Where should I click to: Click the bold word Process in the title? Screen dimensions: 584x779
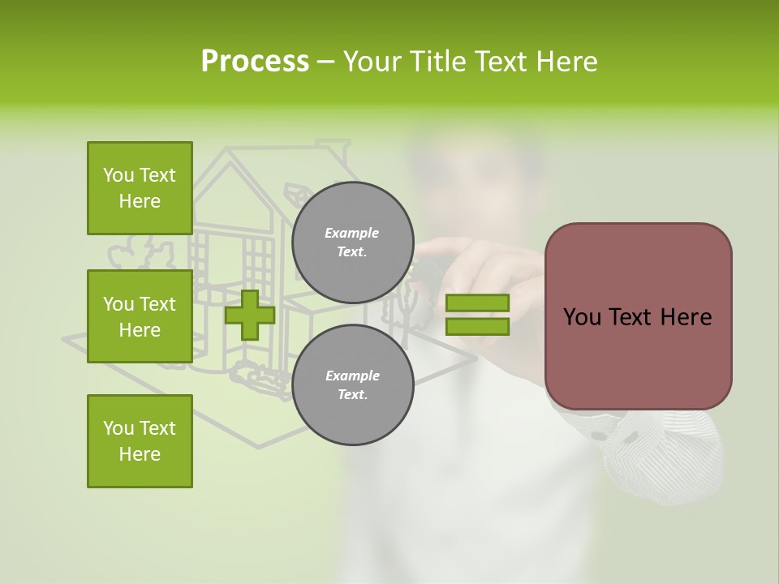255,62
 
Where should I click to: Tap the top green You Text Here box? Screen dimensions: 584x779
140,188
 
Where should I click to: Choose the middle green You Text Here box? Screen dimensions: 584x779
140,316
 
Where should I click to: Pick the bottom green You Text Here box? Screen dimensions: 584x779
140,441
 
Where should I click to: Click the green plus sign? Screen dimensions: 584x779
250,315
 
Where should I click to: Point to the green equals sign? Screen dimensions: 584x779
477,315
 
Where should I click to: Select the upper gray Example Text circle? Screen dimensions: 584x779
352,242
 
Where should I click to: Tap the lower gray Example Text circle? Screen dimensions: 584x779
352,384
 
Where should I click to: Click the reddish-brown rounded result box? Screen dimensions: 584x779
638,316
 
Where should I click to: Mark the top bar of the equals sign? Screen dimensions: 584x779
477,303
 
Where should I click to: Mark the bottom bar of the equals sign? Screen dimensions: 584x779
477,327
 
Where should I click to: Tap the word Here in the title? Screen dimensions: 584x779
566,62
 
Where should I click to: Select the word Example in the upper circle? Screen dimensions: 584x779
352,233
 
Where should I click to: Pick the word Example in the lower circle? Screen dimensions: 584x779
352,376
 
